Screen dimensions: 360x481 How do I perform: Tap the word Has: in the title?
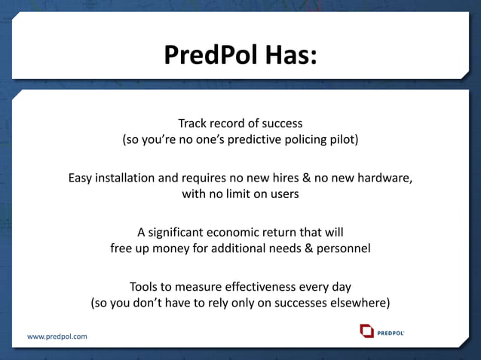tap(287, 54)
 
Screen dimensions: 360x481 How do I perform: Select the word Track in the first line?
tap(192, 122)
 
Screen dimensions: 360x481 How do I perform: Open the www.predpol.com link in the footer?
tap(57, 336)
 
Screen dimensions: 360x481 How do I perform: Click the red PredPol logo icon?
tap(366, 331)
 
